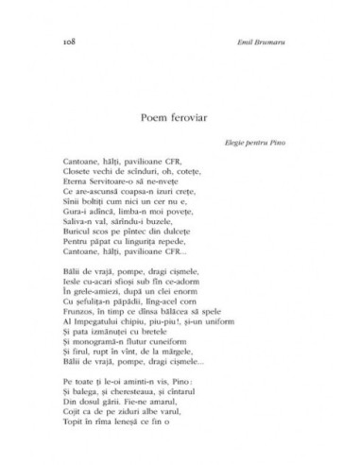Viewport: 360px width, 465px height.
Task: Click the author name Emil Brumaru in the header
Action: point(275,44)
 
